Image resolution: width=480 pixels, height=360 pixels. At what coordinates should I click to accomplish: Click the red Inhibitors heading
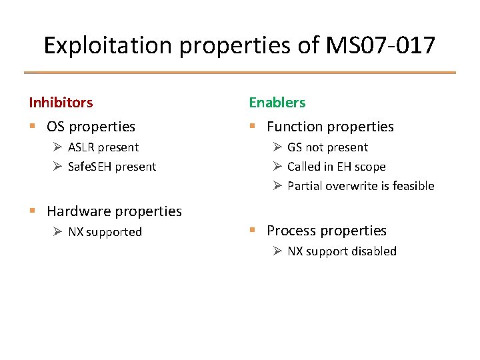(61, 103)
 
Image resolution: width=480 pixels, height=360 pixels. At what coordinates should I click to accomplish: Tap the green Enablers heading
(277, 103)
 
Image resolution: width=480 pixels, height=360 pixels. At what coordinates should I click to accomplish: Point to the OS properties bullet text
(91, 127)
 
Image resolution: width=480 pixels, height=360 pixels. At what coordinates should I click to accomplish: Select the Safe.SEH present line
(111, 167)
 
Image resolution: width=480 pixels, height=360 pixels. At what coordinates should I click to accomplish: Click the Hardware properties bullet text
(114, 211)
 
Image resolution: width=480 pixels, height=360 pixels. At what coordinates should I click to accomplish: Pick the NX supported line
(105, 232)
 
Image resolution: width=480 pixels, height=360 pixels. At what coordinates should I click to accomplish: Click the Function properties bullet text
(330, 127)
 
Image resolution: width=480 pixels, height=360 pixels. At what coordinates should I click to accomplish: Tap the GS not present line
(327, 147)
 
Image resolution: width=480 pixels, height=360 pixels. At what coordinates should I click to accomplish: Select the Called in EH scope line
(336, 167)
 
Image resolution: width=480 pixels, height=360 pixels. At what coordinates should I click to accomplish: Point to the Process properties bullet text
(327, 231)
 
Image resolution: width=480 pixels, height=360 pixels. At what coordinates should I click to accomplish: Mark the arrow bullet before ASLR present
(58, 147)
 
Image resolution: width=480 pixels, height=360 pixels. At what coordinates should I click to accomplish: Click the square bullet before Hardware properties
(32, 212)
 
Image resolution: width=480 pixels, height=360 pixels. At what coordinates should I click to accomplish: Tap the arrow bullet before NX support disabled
(277, 251)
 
